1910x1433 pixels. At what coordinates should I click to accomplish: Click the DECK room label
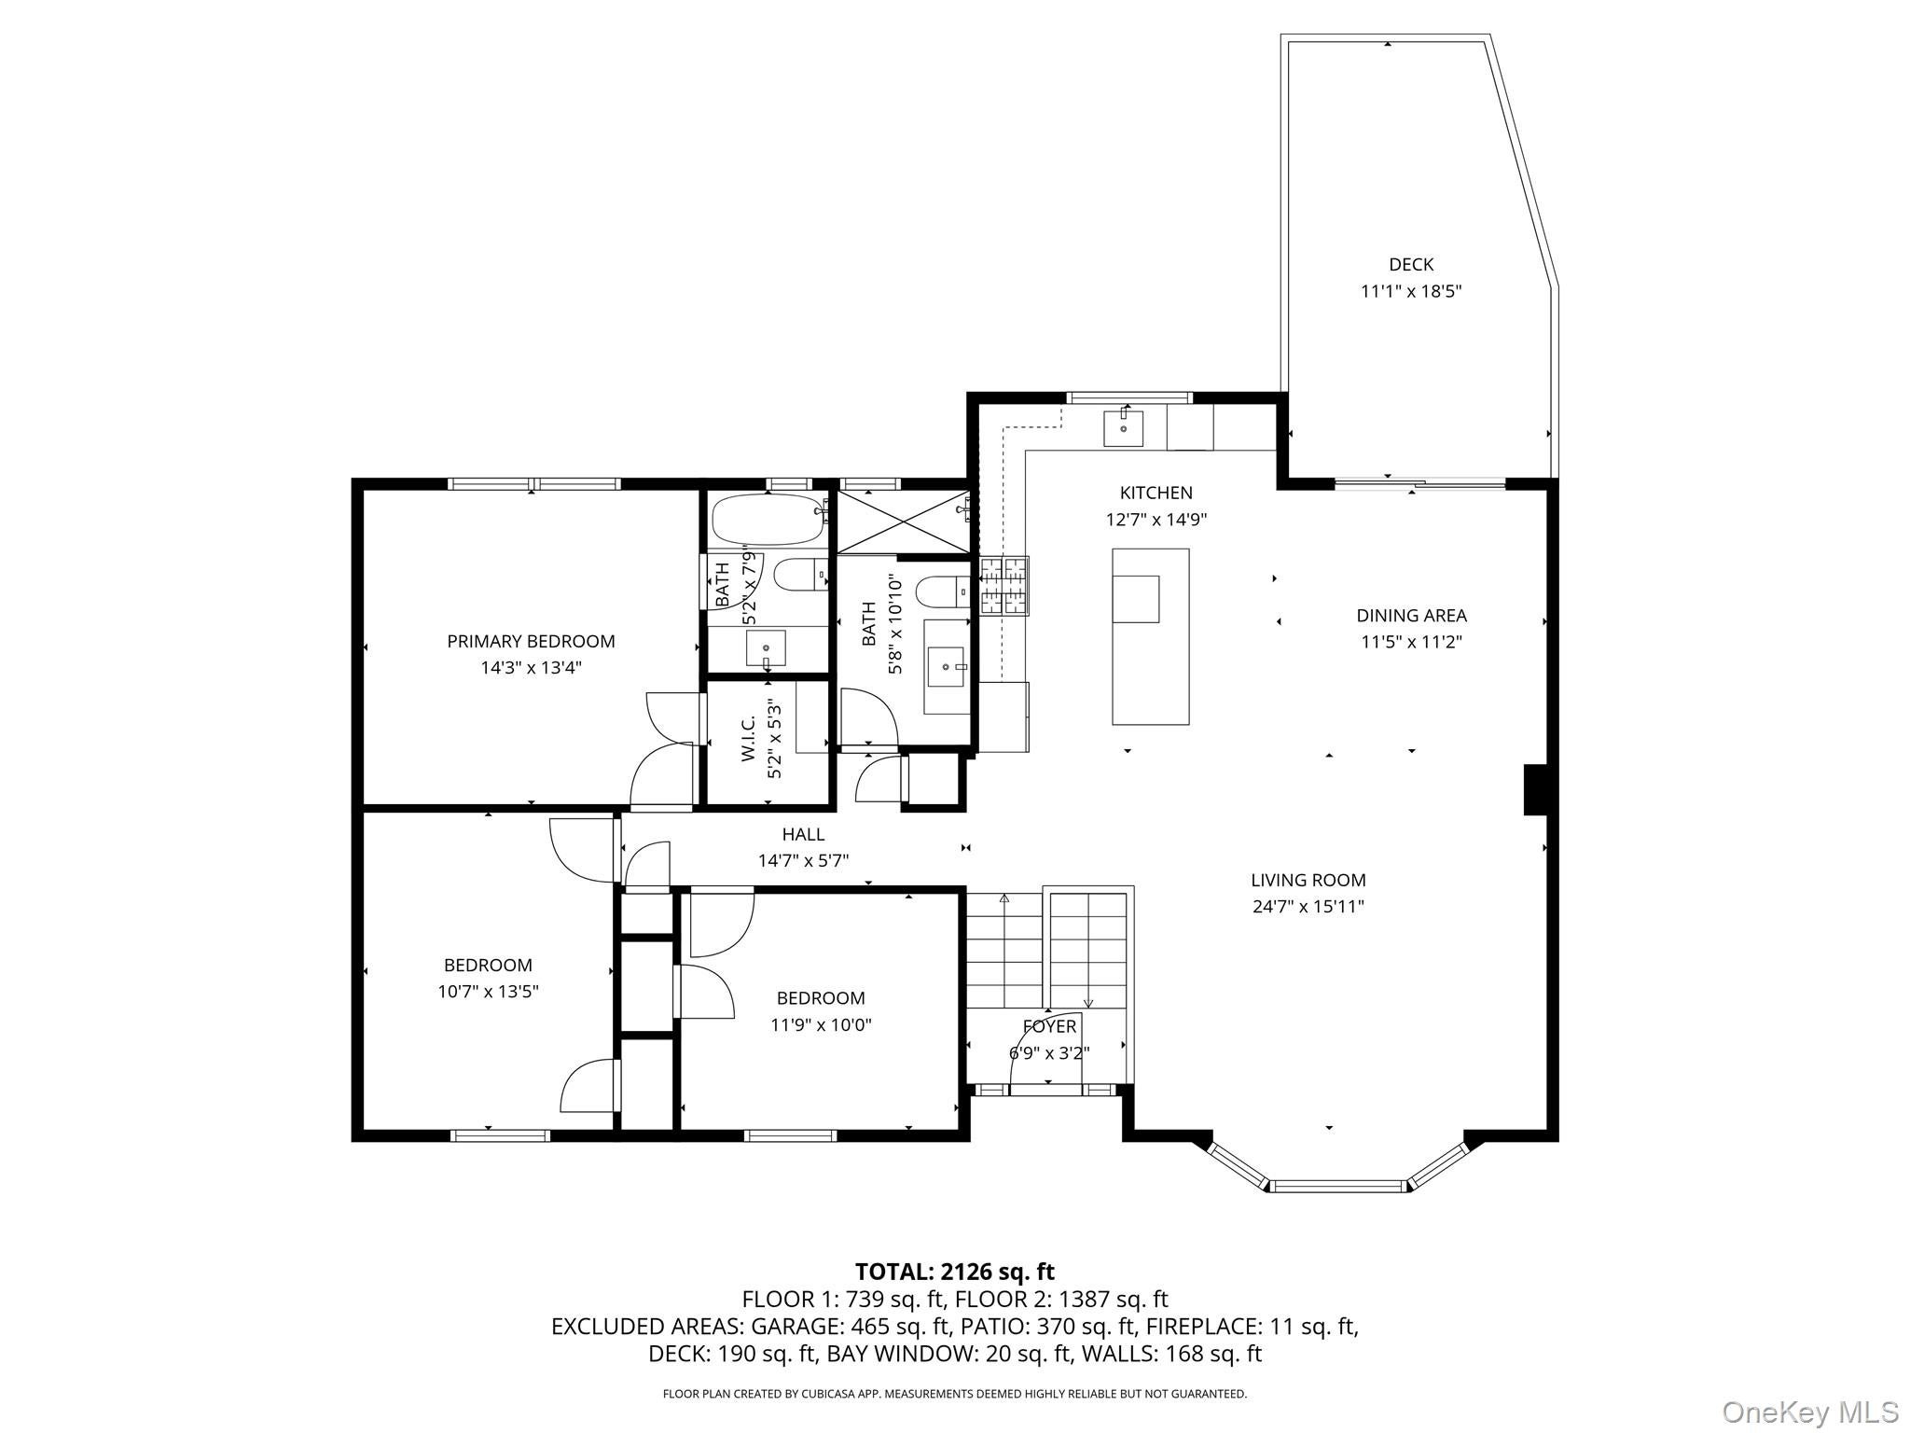point(1410,265)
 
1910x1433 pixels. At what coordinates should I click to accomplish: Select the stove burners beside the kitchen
point(1003,585)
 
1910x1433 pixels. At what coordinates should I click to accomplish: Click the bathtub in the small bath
point(768,520)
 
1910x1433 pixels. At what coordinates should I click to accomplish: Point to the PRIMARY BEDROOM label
point(531,641)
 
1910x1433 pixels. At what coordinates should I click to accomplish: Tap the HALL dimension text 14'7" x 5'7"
point(803,860)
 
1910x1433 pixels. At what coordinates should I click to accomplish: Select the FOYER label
point(1049,1026)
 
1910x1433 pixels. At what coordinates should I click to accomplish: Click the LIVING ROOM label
point(1308,880)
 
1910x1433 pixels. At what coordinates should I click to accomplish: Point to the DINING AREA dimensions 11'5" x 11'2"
point(1410,642)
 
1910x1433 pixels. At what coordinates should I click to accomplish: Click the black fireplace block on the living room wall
point(1534,789)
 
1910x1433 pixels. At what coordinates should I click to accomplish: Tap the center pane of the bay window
point(1337,1186)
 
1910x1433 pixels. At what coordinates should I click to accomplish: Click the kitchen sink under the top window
point(1124,428)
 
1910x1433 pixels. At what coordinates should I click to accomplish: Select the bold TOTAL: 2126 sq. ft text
point(954,1271)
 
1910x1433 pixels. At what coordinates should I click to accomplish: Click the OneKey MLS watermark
point(1809,1412)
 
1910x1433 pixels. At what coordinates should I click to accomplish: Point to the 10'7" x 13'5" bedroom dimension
point(488,992)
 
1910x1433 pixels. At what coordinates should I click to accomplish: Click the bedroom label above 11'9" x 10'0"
point(821,998)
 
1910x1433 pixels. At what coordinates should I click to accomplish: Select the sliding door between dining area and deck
point(1419,483)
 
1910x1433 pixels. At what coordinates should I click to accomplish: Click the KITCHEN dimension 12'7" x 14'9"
point(1156,520)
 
